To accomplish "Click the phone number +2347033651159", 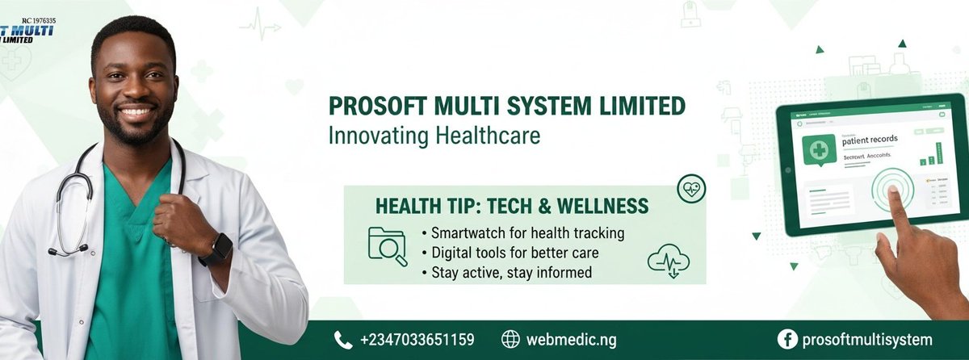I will point(417,340).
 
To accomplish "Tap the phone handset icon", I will point(343,340).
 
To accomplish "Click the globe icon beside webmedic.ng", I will point(510,340).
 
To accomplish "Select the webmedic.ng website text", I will point(571,340).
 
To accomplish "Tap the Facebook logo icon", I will point(787,340).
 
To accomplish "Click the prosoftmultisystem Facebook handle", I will point(866,340).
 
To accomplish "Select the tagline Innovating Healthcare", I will point(434,135).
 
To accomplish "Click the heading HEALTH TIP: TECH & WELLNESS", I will point(512,206).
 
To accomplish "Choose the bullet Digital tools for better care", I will point(514,253).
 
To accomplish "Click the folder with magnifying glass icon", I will point(387,245).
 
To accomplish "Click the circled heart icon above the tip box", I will point(691,189).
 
